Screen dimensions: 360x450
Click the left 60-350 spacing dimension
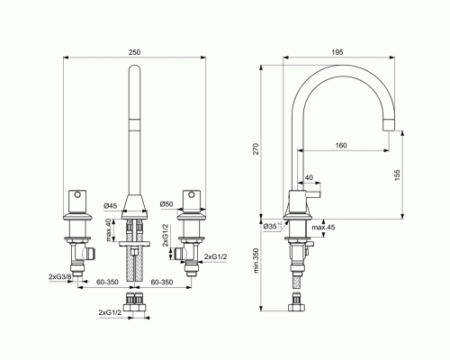[107, 282]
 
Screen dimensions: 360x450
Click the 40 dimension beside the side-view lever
[310, 177]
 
